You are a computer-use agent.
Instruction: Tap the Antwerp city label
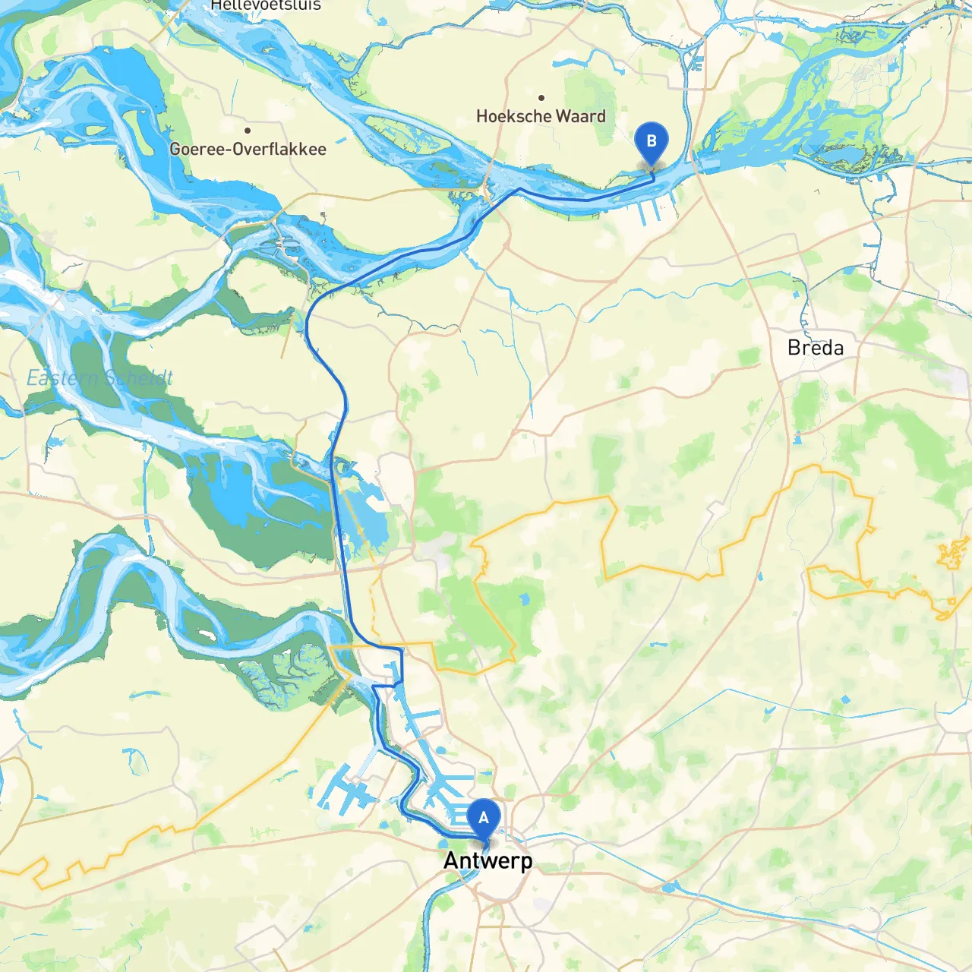(488, 860)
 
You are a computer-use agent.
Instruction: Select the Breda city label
(816, 348)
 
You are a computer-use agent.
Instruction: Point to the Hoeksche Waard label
(541, 116)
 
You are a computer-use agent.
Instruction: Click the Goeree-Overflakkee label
(248, 149)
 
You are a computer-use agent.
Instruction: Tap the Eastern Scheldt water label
(99, 377)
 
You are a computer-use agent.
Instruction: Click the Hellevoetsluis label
(266, 5)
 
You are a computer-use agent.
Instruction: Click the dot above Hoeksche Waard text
(541, 98)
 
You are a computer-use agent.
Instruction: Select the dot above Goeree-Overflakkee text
(248, 131)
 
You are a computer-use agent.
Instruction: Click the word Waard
(581, 116)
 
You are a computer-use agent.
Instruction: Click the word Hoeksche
(513, 116)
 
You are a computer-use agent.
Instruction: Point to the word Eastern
(62, 377)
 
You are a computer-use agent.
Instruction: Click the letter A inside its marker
(484, 818)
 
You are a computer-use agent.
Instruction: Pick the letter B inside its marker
(651, 140)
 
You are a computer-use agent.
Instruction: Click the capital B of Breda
(794, 348)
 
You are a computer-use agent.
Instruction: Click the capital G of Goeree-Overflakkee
(175, 149)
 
